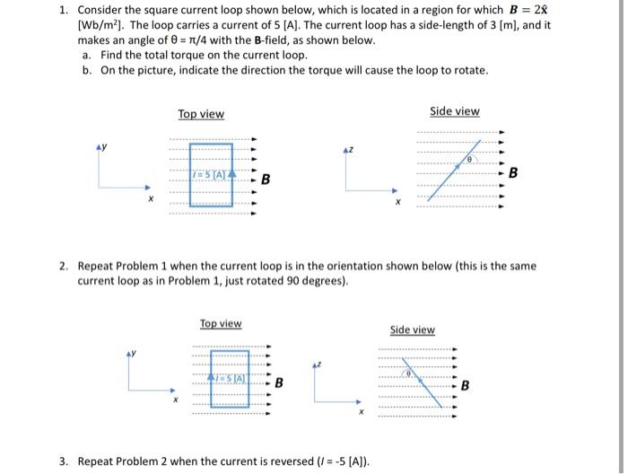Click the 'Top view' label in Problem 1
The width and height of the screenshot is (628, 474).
201,114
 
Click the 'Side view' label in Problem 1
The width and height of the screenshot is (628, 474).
455,111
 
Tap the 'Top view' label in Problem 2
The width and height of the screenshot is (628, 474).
220,323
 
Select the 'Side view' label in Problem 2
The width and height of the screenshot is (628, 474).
413,329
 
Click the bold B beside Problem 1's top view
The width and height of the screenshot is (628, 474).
266,180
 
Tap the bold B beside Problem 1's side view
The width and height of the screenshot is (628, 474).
513,171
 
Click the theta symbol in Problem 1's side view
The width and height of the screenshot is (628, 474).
467,159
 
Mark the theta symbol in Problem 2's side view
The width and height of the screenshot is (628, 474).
407,373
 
